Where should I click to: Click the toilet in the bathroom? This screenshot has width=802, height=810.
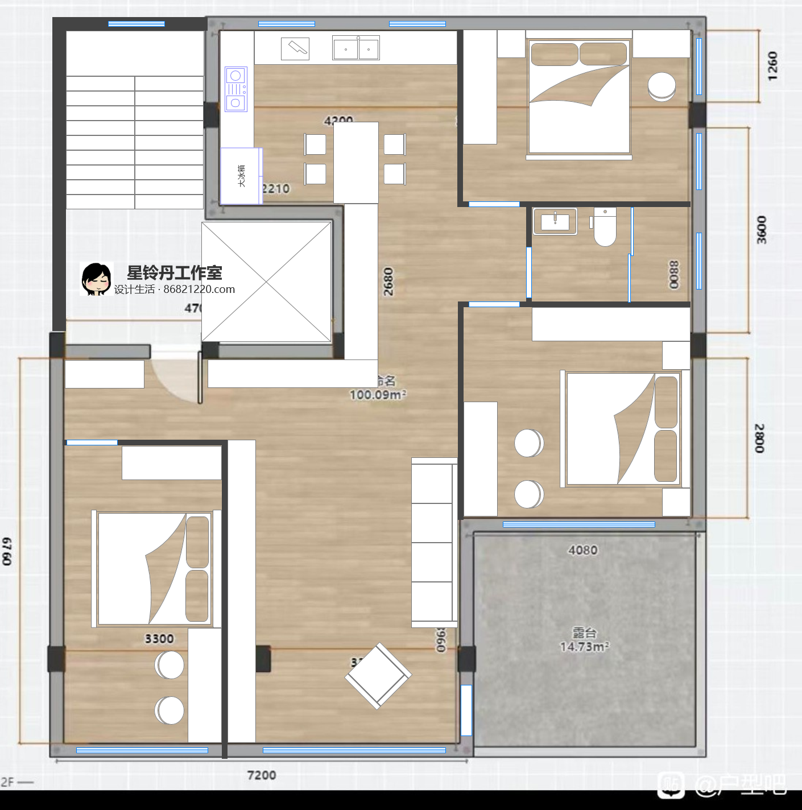[605, 227]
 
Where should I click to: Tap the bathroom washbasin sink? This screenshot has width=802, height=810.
[555, 221]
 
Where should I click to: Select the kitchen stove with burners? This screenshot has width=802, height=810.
[236, 89]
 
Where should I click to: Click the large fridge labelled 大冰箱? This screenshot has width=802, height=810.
[241, 176]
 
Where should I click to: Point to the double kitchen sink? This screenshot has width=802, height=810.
[356, 49]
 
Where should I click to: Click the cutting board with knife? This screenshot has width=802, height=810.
[295, 49]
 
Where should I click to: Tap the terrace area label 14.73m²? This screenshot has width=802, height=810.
[584, 647]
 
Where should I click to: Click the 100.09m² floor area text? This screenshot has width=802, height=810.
[378, 395]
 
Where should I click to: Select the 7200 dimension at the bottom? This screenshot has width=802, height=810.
[262, 775]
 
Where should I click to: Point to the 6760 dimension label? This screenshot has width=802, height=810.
[7, 551]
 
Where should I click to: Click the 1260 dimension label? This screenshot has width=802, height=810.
[772, 66]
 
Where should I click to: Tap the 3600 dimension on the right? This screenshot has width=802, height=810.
[762, 230]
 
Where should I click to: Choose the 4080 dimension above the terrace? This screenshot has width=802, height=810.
[583, 550]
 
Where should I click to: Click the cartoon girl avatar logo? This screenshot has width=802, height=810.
[96, 279]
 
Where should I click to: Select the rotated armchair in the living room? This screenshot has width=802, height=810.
[378, 676]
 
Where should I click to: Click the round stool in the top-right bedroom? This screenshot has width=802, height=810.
[662, 86]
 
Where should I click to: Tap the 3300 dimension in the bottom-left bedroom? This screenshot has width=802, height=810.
[159, 639]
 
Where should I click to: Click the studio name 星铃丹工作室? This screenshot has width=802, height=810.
[174, 272]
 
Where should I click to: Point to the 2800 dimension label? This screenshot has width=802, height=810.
[760, 438]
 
